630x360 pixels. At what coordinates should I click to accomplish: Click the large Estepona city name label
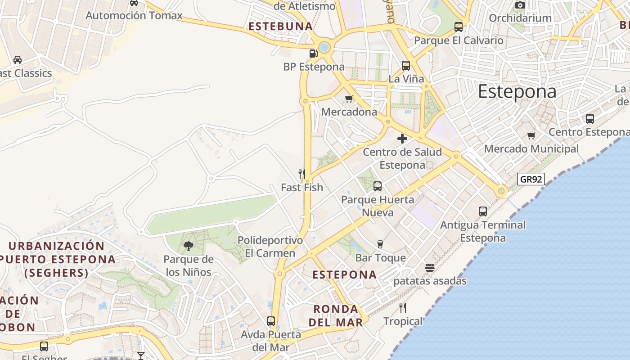(517, 92)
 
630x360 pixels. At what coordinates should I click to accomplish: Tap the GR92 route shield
(531, 179)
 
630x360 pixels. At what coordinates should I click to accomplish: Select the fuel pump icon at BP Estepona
(313, 54)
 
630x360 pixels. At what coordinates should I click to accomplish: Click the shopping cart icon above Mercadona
(349, 99)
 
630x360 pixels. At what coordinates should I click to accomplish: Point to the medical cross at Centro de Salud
(402, 139)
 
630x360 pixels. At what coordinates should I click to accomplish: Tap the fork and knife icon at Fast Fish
(302, 174)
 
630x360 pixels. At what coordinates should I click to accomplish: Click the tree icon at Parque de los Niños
(189, 246)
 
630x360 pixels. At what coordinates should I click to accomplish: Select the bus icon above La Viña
(406, 66)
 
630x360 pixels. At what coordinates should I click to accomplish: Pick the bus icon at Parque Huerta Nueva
(378, 186)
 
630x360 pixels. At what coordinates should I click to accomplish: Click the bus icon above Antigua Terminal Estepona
(483, 211)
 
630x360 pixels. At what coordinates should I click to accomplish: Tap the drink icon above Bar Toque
(380, 244)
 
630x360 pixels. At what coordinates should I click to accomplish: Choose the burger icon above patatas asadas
(430, 268)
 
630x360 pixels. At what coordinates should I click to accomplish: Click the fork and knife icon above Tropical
(403, 308)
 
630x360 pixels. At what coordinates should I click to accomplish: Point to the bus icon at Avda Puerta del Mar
(271, 321)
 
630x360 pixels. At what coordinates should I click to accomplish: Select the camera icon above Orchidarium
(520, 5)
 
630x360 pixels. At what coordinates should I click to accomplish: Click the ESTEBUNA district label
(281, 27)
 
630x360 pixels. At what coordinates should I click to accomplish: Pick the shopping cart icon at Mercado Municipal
(531, 135)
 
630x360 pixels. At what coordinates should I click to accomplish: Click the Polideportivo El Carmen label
(270, 247)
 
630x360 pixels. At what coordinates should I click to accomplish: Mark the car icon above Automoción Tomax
(134, 3)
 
